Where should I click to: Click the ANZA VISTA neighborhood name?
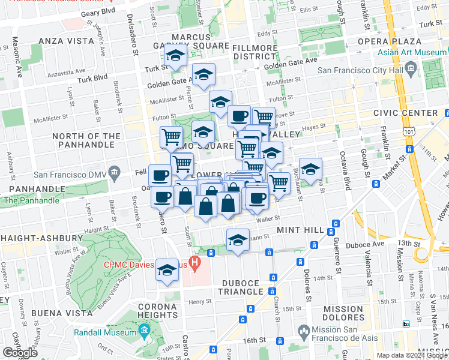[66, 41]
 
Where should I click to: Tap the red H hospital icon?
[194, 262]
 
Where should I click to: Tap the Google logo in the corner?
[20, 353]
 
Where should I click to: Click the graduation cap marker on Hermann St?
[238, 240]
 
